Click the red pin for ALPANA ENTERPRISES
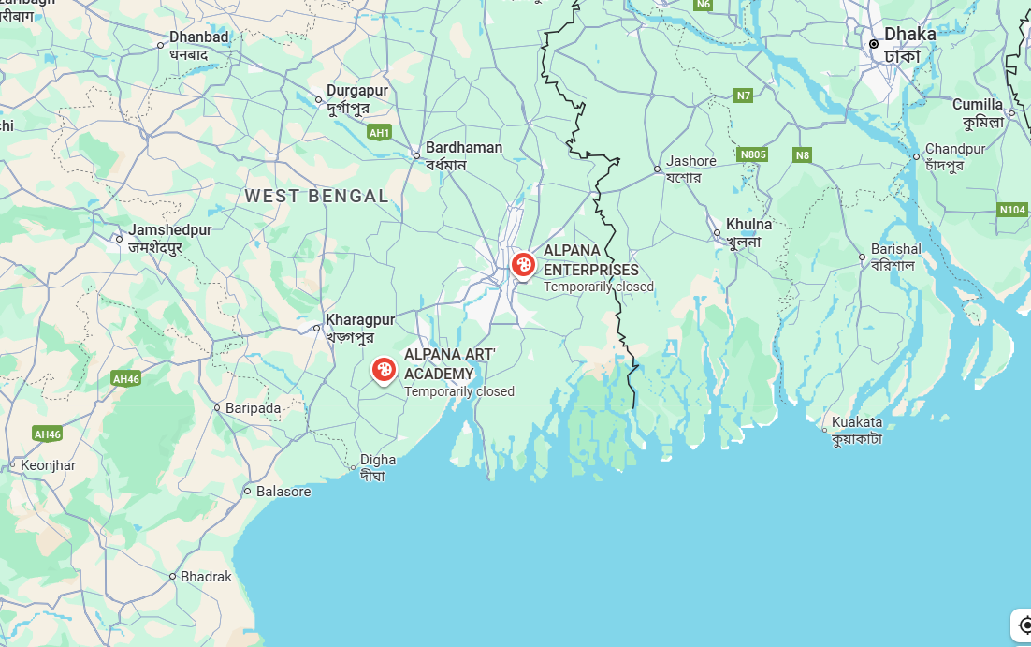click(523, 265)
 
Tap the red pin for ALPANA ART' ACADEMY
click(384, 370)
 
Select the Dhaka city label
click(909, 35)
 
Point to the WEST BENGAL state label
click(317, 196)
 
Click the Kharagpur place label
click(360, 320)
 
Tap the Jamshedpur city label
click(170, 230)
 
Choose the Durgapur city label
click(356, 91)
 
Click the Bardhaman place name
click(463, 148)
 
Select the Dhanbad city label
click(198, 37)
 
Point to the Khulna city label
click(749, 225)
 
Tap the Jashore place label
click(690, 161)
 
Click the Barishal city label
click(895, 249)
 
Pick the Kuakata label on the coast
click(856, 422)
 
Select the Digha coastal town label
click(378, 460)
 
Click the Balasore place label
click(283, 492)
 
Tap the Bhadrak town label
click(206, 577)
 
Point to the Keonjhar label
click(48, 465)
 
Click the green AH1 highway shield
click(379, 133)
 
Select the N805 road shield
click(752, 154)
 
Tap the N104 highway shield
click(1012, 210)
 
